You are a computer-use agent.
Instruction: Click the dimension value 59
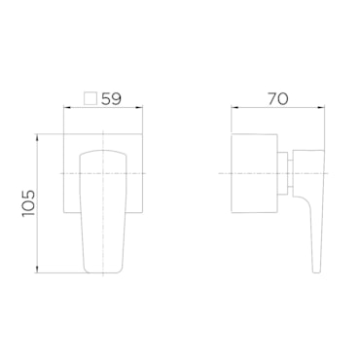111,98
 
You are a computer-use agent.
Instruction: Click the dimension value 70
277,98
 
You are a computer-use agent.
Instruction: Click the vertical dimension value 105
28,203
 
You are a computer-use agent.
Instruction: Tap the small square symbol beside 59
90,98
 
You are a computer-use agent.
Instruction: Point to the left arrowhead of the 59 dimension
66,108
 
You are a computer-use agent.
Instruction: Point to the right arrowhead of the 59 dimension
140,108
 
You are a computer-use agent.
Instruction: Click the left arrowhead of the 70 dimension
234,108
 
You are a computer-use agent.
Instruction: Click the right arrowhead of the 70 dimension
322,108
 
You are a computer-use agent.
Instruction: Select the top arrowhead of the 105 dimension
38,136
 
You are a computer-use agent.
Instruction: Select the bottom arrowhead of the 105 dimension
38,270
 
